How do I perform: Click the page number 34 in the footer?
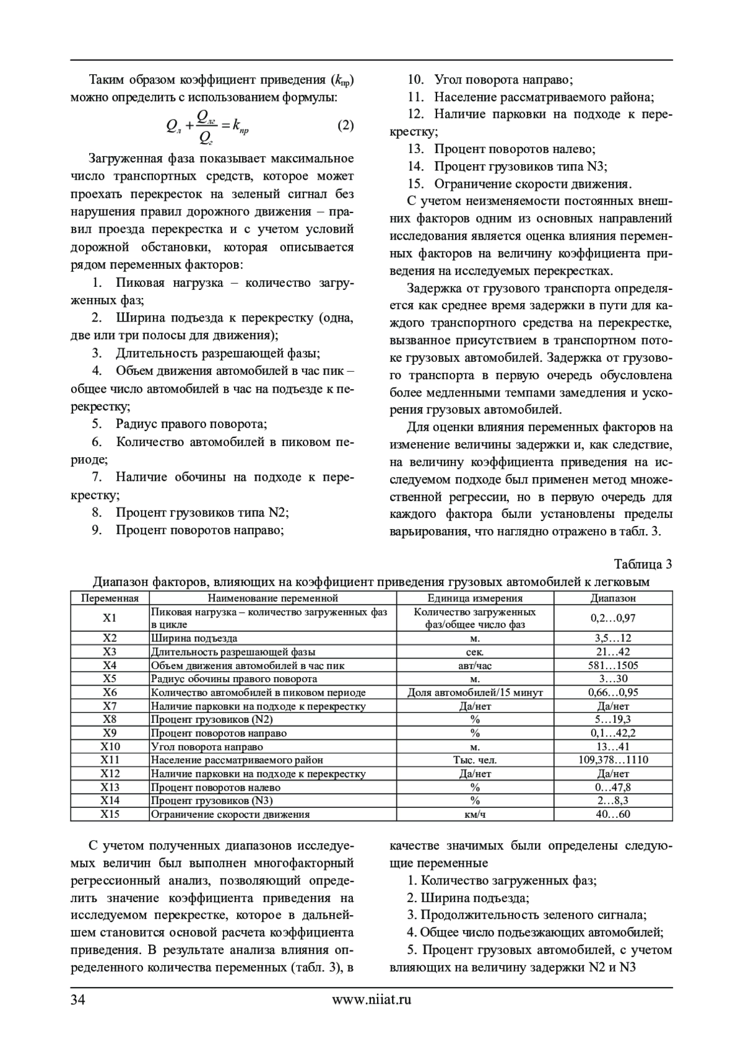[78, 999]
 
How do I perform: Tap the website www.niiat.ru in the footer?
[371, 999]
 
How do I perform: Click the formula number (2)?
[345, 126]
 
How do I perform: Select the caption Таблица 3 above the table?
[643, 564]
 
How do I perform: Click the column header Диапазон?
[613, 598]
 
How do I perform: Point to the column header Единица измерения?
[475, 598]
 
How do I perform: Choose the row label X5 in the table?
[110, 678]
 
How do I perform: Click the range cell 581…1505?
[613, 665]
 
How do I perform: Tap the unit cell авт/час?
[475, 665]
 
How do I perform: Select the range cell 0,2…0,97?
[613, 618]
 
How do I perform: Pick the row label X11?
[110, 760]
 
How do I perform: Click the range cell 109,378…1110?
[613, 760]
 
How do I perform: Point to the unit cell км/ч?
[475, 814]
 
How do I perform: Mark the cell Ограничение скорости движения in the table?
[230, 814]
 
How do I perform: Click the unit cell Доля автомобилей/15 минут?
[475, 692]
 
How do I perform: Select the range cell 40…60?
[613, 814]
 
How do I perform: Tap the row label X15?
[110, 814]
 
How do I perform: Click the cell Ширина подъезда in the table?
[194, 638]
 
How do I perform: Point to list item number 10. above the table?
[415, 79]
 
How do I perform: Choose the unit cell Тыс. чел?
[475, 760]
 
